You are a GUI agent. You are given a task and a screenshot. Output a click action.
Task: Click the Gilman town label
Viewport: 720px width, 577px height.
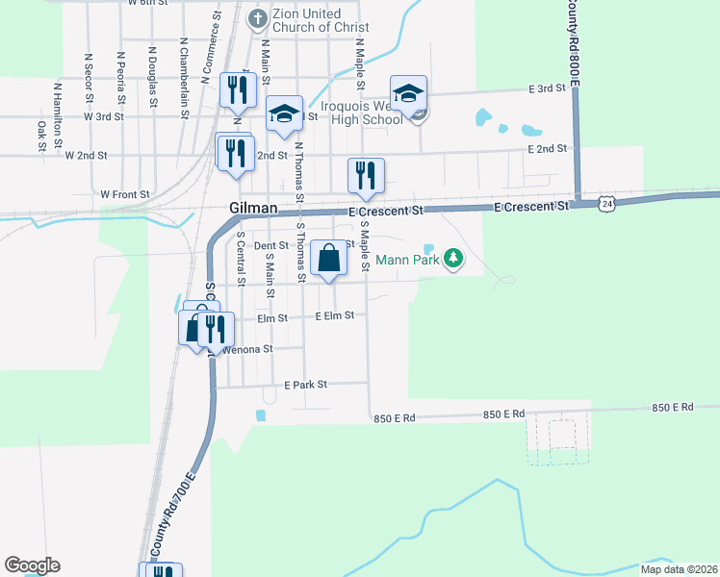[253, 209]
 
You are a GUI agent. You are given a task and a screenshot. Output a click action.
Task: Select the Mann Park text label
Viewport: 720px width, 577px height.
[407, 259]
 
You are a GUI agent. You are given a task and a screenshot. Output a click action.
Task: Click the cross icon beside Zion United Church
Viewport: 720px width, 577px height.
[257, 18]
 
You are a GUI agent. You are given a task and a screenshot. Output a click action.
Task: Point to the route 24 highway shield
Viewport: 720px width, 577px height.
[605, 203]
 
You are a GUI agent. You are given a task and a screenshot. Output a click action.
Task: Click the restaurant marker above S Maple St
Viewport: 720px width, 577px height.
[366, 175]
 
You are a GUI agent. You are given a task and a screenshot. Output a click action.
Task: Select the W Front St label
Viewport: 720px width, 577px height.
[125, 194]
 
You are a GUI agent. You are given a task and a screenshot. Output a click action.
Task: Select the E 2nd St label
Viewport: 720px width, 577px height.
[546, 149]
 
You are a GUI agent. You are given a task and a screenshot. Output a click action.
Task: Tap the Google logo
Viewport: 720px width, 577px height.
[33, 564]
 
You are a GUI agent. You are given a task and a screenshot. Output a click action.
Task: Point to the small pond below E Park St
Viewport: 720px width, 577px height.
[260, 415]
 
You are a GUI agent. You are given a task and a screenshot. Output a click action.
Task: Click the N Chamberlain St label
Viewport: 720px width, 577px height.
[183, 66]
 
